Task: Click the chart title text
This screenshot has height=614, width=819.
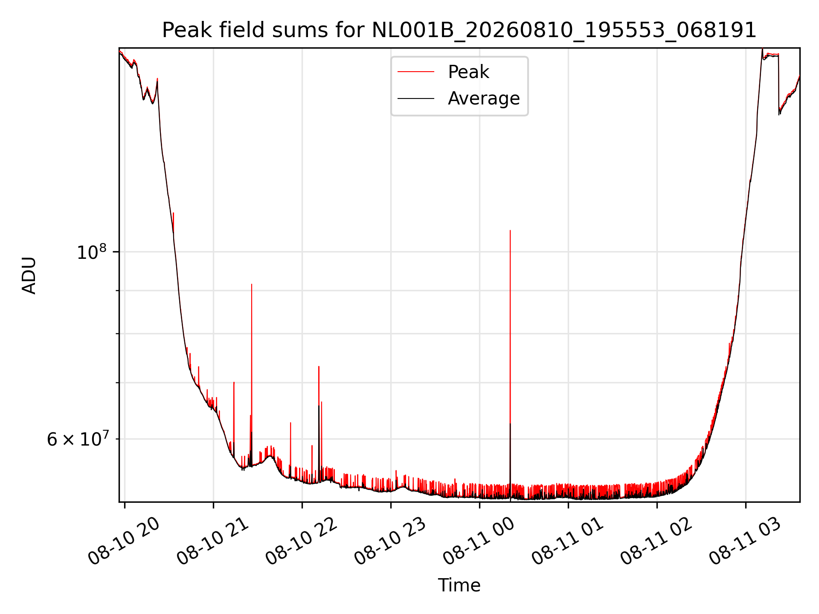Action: point(459,30)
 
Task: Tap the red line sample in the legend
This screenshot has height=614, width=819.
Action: point(416,72)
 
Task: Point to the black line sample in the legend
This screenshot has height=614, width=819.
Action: point(416,98)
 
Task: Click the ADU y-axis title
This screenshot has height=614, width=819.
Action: point(29,275)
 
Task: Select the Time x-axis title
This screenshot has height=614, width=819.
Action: point(459,585)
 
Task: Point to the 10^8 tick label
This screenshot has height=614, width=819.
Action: point(92,252)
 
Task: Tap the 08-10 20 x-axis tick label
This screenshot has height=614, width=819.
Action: point(124,541)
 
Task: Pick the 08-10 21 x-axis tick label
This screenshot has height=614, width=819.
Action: point(212,541)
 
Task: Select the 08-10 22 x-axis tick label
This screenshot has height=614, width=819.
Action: point(301,541)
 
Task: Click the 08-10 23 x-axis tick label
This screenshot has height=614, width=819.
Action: point(390,541)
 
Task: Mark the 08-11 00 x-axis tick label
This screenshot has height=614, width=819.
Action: point(479,541)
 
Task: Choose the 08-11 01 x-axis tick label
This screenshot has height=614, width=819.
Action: point(567,541)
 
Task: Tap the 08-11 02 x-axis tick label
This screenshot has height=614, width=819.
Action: point(656,541)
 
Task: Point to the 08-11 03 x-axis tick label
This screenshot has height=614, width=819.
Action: point(745,541)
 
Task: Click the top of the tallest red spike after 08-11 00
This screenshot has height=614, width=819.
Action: point(510,231)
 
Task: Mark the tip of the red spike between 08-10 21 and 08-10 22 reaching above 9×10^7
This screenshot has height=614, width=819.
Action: point(252,284)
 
